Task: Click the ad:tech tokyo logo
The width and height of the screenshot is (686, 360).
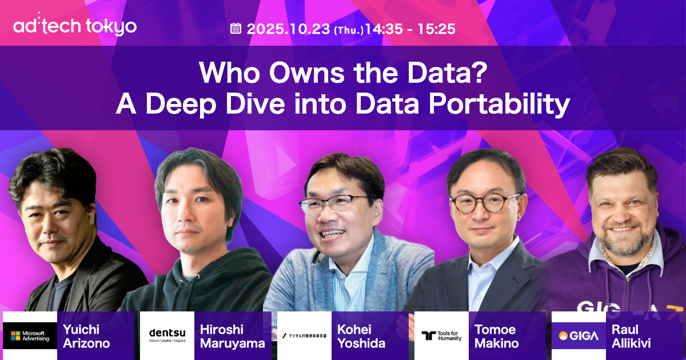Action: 75,26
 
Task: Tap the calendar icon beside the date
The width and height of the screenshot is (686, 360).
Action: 236,29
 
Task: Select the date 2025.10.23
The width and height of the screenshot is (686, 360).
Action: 289,29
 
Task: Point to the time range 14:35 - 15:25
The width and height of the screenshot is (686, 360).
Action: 410,29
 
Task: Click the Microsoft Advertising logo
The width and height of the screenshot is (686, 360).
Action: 30,335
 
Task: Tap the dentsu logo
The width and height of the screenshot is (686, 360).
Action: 167,335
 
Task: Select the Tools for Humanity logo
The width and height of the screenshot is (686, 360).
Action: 441,335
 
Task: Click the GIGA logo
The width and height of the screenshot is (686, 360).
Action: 579,335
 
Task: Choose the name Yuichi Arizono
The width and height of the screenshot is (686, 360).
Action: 87,336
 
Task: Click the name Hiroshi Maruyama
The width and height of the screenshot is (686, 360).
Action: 232,336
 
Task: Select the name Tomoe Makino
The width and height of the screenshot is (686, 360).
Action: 496,336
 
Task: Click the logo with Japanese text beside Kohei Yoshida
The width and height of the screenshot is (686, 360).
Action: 304,335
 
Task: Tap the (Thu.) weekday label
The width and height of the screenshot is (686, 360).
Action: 349,30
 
